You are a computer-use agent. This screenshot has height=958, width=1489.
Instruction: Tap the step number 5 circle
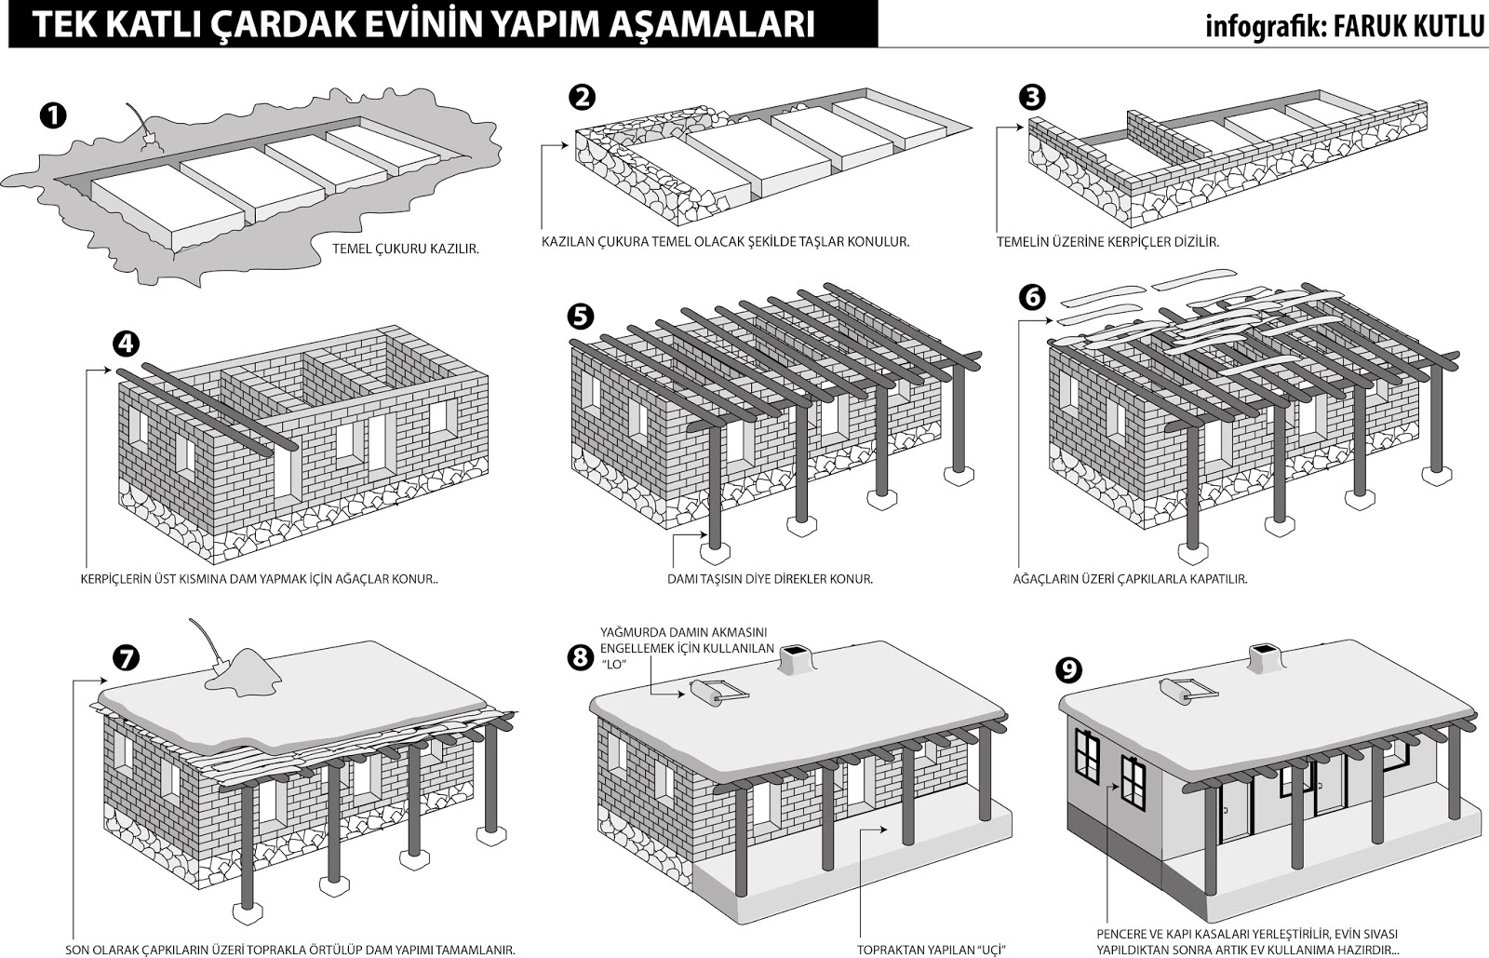tap(581, 317)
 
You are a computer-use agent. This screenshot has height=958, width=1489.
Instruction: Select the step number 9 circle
tap(1068, 670)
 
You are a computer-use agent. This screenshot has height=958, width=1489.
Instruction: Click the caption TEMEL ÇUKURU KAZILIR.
tap(406, 250)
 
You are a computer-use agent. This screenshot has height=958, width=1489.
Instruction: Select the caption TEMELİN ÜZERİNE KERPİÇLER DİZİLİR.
tap(1108, 242)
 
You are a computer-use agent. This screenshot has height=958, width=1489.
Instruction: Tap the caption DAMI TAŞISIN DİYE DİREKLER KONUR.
tap(770, 579)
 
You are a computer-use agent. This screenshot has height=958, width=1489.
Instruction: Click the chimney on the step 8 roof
tap(794, 659)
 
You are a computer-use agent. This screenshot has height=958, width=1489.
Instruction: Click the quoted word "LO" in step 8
tap(614, 665)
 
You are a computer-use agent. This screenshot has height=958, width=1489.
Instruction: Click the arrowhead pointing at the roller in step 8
tap(679, 695)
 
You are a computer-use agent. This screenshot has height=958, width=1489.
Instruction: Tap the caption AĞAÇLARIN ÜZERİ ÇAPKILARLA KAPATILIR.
tap(1130, 579)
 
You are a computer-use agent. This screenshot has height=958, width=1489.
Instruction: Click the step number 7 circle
tap(125, 657)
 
